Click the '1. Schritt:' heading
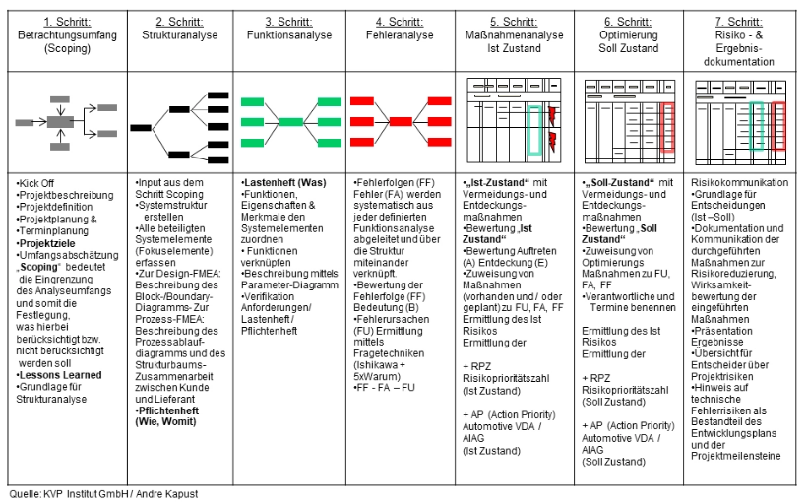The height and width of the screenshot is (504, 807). tap(67, 22)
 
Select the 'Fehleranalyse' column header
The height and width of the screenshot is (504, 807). tap(400, 35)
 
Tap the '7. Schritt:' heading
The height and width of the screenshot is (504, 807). tap(738, 22)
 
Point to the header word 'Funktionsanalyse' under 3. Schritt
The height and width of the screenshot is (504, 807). tap(289, 35)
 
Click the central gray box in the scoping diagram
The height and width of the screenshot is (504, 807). tap(60, 122)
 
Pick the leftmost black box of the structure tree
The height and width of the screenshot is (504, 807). tap(141, 128)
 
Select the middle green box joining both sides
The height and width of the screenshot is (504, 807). tap(291, 122)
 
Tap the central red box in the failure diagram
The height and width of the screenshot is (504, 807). tap(401, 121)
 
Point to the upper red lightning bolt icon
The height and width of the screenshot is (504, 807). tap(552, 116)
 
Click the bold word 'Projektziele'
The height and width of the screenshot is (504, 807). tap(47, 243)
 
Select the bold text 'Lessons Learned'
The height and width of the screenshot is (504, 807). tap(60, 375)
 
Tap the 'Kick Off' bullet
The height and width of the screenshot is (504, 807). tap(36, 184)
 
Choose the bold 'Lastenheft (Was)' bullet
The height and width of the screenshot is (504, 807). tap(284, 183)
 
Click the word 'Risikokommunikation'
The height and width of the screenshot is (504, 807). tap(739, 183)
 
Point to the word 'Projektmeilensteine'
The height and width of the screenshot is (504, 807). tap(735, 456)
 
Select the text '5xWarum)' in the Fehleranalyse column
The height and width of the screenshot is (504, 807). tap(377, 376)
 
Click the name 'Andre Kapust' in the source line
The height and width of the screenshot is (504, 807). tap(166, 494)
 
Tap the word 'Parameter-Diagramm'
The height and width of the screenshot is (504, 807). tap(289, 285)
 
